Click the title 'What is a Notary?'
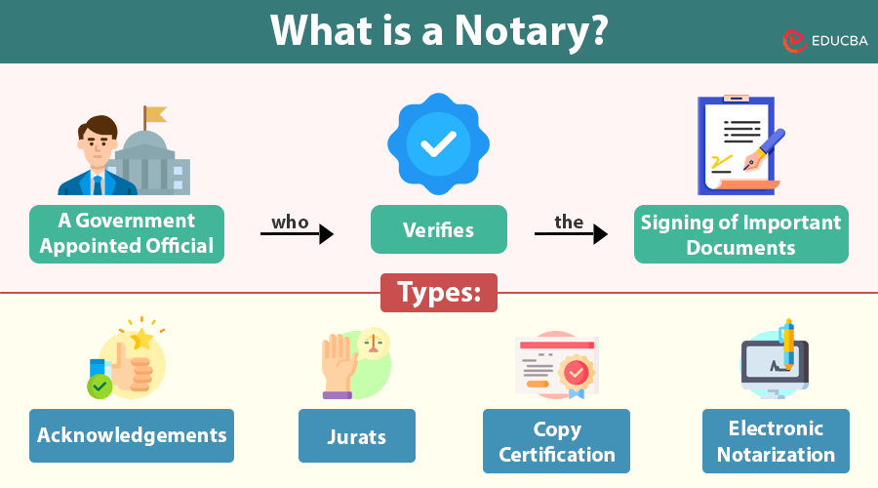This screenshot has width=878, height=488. (x=439, y=31)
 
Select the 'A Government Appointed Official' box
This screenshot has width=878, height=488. (x=127, y=234)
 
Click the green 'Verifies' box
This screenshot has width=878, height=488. (x=439, y=230)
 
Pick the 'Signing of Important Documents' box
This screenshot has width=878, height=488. (x=741, y=234)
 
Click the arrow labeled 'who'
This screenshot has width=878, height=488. (x=298, y=234)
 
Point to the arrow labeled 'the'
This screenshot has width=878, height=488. (x=572, y=234)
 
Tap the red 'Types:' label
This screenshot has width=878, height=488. (x=439, y=293)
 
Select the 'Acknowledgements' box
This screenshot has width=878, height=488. (x=132, y=435)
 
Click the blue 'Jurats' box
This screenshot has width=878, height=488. (x=357, y=435)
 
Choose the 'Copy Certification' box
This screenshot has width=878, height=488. (x=556, y=441)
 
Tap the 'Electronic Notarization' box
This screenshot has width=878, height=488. (x=776, y=441)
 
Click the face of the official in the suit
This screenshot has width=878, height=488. (x=98, y=143)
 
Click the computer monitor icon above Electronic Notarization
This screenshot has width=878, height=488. (x=771, y=366)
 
